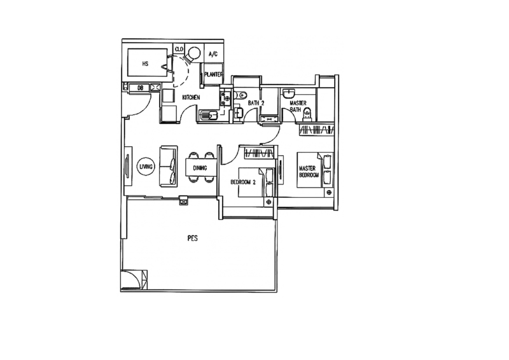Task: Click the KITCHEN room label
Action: [192, 97]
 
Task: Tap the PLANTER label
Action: [214, 74]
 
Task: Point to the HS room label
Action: [146, 64]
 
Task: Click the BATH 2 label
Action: [256, 102]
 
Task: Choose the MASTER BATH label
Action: [297, 105]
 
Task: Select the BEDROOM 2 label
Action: [242, 182]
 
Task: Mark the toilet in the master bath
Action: [307, 114]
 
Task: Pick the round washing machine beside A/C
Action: [193, 53]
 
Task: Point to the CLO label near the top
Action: [179, 48]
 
